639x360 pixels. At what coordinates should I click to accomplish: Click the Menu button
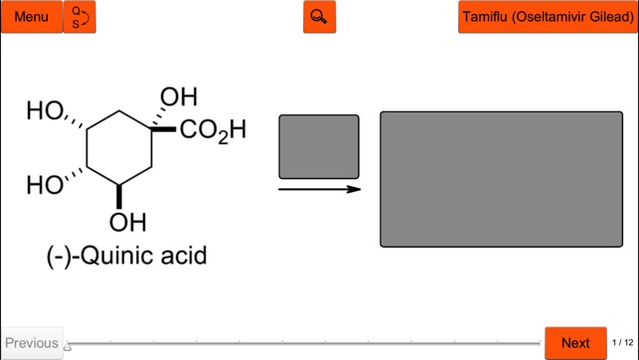pos(32,17)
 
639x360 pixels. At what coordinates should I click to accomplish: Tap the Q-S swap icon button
pos(80,17)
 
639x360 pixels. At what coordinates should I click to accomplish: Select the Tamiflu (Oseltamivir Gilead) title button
pos(548,17)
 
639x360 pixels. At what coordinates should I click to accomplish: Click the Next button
pos(575,343)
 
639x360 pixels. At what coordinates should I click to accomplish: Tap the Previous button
pos(32,343)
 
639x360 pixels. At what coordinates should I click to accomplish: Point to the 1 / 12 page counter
pos(622,343)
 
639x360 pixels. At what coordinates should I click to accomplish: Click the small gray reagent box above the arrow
pos(319,146)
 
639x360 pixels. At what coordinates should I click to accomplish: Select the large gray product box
pos(501,179)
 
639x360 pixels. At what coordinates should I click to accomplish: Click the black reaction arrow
pos(319,189)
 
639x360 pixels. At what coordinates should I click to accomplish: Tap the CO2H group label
pos(213,130)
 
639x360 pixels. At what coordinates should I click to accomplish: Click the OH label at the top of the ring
pos(179,97)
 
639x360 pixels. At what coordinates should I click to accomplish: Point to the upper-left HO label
pos(46,110)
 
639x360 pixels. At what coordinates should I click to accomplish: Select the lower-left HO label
pos(46,185)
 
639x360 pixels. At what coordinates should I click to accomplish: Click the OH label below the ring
pos(128,221)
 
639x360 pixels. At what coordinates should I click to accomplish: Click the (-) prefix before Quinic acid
pos(62,256)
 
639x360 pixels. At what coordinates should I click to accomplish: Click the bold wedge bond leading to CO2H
pos(165,129)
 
